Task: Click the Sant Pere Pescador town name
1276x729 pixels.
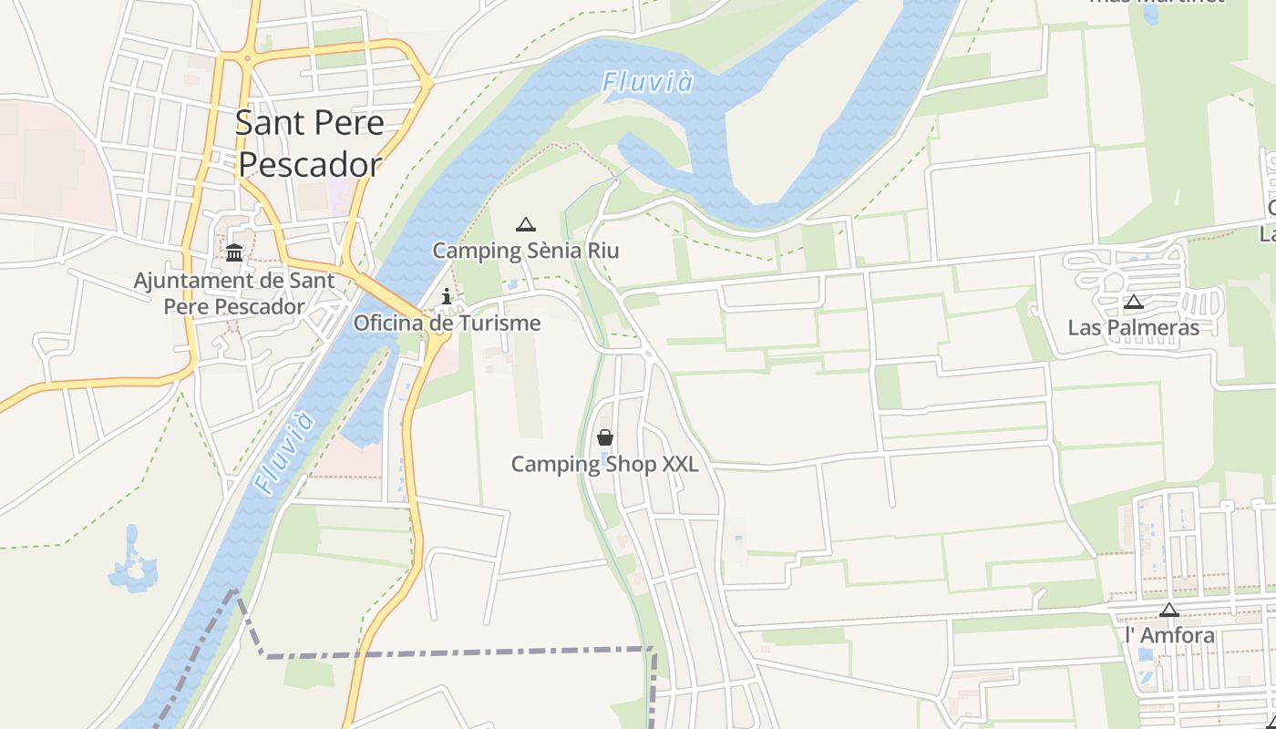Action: point(309,144)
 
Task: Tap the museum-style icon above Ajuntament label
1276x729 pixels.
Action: point(234,252)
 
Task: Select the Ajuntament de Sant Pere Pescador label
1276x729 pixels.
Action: point(234,293)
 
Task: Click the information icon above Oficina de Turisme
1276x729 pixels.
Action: point(447,296)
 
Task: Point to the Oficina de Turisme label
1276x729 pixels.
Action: point(447,323)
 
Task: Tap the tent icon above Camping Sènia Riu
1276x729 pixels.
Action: point(525,224)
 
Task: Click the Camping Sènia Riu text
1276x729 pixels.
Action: point(525,251)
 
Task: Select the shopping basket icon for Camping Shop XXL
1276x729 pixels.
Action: point(605,437)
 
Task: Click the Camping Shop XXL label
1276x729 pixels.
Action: point(604,465)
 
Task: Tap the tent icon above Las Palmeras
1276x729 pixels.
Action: point(1133,302)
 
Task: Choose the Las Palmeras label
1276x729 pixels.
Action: point(1133,328)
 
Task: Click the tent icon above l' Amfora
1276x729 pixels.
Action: point(1169,610)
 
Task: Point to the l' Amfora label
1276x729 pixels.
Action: point(1169,635)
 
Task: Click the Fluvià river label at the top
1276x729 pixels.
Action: point(647,82)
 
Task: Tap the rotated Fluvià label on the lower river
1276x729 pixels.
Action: point(284,453)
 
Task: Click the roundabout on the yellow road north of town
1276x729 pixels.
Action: point(246,57)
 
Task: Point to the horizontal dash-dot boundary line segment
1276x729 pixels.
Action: point(456,653)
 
